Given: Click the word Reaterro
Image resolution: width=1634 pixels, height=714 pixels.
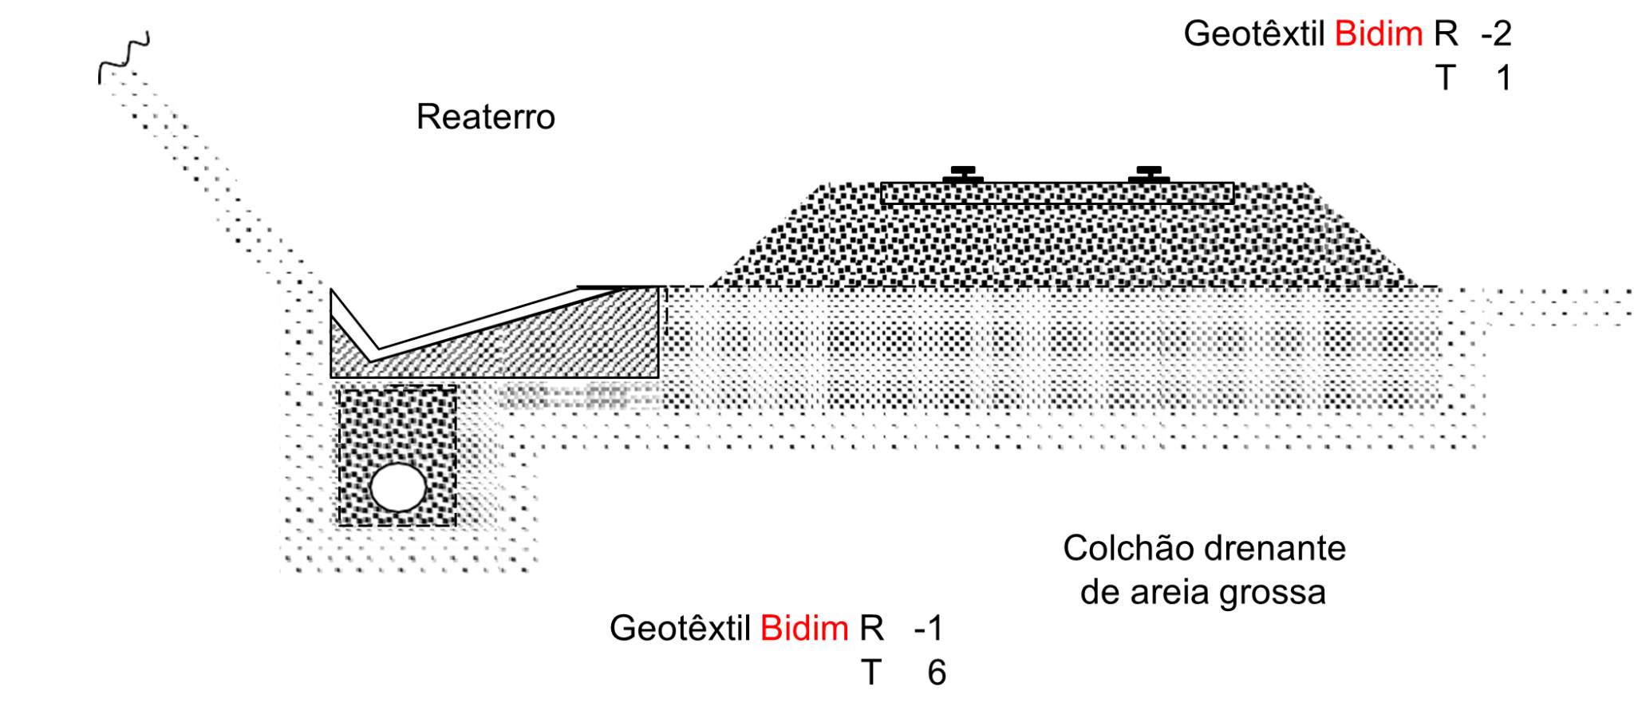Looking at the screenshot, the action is pos(485,117).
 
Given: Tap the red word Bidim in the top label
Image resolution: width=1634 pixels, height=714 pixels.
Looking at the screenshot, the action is pos(1379,34).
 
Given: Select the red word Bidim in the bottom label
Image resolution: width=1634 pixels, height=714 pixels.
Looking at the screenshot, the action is pos(804,629).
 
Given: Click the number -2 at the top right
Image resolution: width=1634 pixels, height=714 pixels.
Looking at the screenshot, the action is pos(1495,34).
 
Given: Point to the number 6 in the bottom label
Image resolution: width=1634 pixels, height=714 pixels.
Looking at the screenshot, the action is pos(937,673).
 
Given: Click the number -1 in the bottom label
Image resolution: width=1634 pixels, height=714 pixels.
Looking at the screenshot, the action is pos(928,629).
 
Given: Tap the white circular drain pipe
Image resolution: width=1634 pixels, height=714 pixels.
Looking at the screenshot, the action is pos(398,487).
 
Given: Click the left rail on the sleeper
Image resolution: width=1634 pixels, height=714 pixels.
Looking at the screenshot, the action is pos(963,175).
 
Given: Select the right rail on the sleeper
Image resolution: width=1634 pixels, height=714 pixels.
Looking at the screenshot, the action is pos(1149,175).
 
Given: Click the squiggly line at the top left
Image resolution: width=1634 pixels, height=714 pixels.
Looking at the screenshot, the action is pos(124,57).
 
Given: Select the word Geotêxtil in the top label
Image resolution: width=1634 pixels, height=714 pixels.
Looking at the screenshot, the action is pos(1254,34).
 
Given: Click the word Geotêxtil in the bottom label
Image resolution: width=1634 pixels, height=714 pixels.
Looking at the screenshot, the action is pos(680,629).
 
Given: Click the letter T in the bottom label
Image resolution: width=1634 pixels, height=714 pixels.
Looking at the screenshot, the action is pos(870,673).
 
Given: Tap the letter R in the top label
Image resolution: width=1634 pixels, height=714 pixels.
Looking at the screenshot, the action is pos(1446,34).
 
